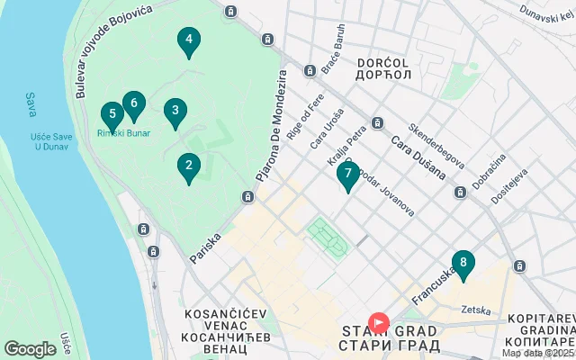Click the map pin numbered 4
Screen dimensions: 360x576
[188, 41]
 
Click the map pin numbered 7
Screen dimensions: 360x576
[348, 176]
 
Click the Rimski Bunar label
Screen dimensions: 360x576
[124, 133]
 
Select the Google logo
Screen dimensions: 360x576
[30, 349]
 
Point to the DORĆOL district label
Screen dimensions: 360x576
[383, 62]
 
